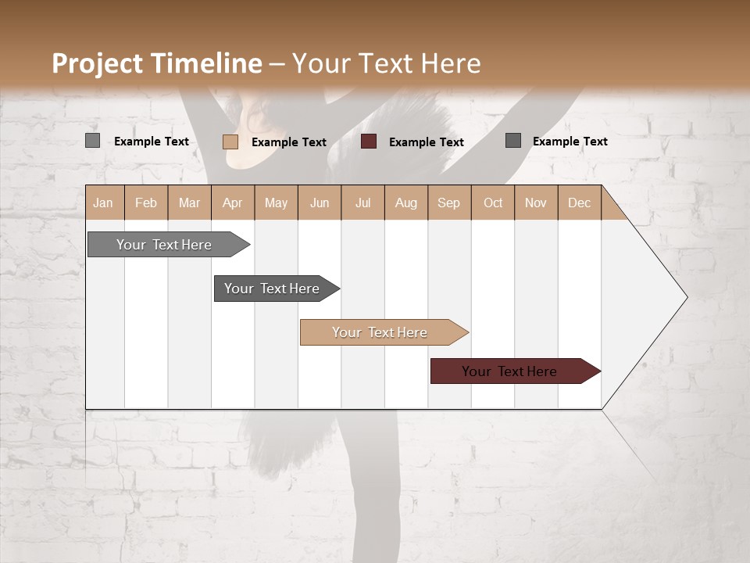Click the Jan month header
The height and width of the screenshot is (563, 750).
pos(103,203)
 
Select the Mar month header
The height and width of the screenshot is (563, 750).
pos(189,203)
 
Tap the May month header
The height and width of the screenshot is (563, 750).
pos(276,203)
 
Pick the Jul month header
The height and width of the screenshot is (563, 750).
pos(362,203)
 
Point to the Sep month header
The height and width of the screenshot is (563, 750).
pos(448,203)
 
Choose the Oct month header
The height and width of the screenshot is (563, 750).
pos(493,203)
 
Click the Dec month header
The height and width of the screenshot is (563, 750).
pos(579,203)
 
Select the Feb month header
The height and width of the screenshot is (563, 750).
pos(146,203)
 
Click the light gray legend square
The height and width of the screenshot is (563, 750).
pos(92,141)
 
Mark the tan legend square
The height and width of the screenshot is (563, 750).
pos(230,142)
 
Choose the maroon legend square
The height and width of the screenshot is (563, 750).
pos(369,142)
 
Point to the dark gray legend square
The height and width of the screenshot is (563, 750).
pos(512,141)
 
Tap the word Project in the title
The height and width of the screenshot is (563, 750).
pos(96,63)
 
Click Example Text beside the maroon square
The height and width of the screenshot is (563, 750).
pos(426,142)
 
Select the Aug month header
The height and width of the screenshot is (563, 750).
pos(405,203)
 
